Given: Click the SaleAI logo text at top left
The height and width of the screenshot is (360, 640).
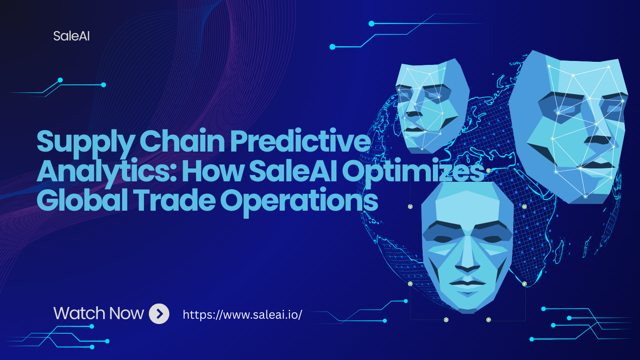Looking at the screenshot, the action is pyautogui.click(x=72, y=36).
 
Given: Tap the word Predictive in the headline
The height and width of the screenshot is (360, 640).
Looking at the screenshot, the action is pyautogui.click(x=300, y=141).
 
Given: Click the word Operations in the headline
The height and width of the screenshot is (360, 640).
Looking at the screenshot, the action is pyautogui.click(x=299, y=203).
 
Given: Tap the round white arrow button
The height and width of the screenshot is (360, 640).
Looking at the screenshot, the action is pyautogui.click(x=159, y=314).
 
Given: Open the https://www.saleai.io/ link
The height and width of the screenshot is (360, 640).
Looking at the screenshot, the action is pyautogui.click(x=242, y=315).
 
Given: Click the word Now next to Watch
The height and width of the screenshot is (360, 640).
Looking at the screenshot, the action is pyautogui.click(x=127, y=313).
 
